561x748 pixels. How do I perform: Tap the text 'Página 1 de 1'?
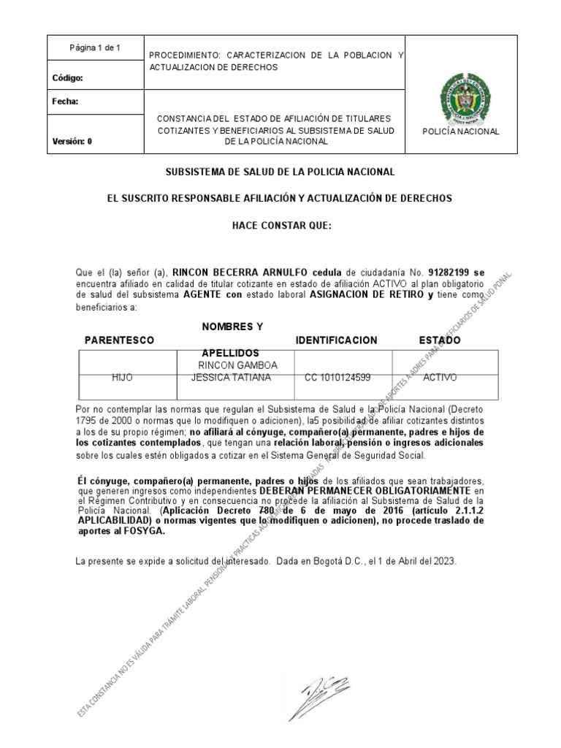click(x=95, y=48)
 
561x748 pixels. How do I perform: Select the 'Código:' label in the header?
click(x=68, y=77)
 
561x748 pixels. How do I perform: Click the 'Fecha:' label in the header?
click(x=65, y=102)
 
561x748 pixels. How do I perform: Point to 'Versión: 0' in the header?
click(x=72, y=142)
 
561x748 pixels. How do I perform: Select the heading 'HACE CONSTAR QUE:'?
click(x=281, y=225)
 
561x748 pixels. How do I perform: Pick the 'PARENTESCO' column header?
click(x=119, y=340)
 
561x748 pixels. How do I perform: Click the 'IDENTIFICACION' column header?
click(x=336, y=340)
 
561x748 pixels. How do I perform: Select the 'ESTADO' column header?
click(x=440, y=340)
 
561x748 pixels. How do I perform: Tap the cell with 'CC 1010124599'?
click(x=337, y=378)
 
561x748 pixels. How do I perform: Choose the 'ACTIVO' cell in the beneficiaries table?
click(x=440, y=378)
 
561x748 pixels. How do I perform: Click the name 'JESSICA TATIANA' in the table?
click(x=231, y=378)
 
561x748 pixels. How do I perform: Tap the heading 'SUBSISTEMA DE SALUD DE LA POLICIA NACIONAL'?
click(x=280, y=172)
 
